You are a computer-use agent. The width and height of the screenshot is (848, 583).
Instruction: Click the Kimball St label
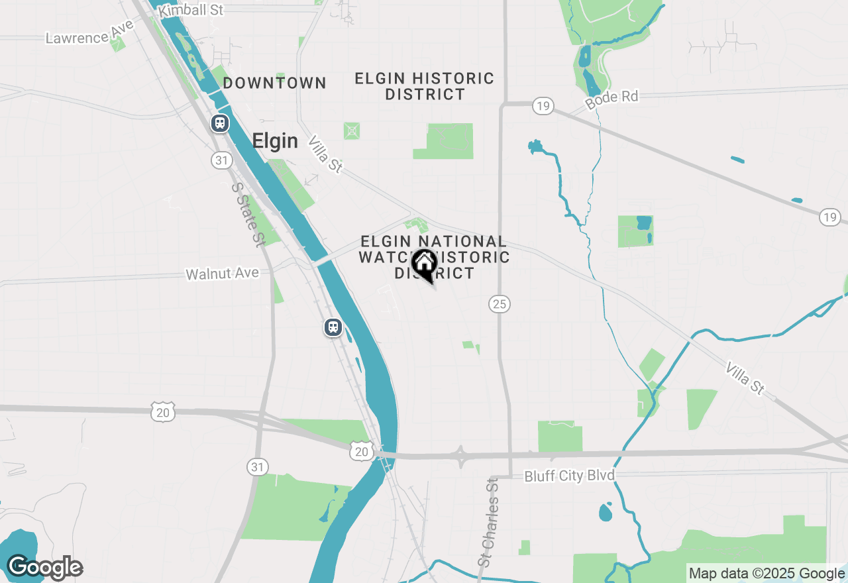point(191,10)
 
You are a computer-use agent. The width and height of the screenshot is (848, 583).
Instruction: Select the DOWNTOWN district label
point(274,83)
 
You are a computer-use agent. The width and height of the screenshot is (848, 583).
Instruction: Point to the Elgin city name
point(275,141)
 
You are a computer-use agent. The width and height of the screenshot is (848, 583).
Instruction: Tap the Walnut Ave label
point(222,273)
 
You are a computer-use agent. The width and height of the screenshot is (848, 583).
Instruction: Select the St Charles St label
point(489,522)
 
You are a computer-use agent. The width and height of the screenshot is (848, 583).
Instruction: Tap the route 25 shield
point(500,304)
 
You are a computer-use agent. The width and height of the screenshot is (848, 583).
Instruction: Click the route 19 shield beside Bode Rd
point(543,105)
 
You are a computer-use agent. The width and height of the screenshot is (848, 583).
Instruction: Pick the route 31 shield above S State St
point(221,160)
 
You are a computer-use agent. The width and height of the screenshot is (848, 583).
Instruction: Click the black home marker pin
point(424,265)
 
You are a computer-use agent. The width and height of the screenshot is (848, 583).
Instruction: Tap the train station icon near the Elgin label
point(219,123)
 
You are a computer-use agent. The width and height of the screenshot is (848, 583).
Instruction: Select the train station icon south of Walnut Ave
point(333,327)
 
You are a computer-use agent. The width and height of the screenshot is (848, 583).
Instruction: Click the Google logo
point(44,568)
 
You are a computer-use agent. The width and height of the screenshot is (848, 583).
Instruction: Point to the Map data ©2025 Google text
point(767,574)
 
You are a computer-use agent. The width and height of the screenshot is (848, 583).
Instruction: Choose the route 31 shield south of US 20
point(258,467)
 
